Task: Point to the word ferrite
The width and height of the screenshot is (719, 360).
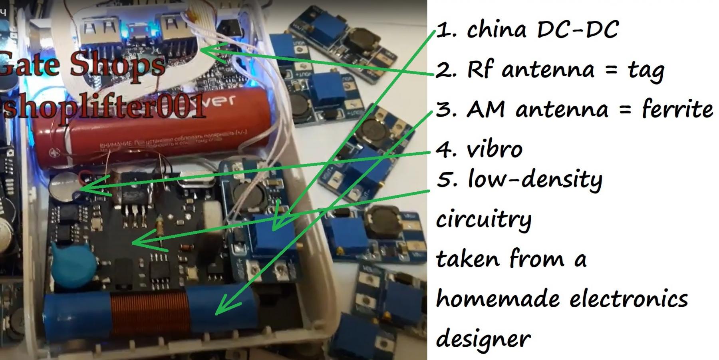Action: pos(677,109)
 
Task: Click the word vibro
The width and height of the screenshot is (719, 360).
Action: pos(494,149)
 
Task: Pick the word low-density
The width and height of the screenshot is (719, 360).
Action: pos(535,180)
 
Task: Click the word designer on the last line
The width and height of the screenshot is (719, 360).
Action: pos(483,339)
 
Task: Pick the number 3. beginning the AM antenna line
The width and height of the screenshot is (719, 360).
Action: pos(444,109)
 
